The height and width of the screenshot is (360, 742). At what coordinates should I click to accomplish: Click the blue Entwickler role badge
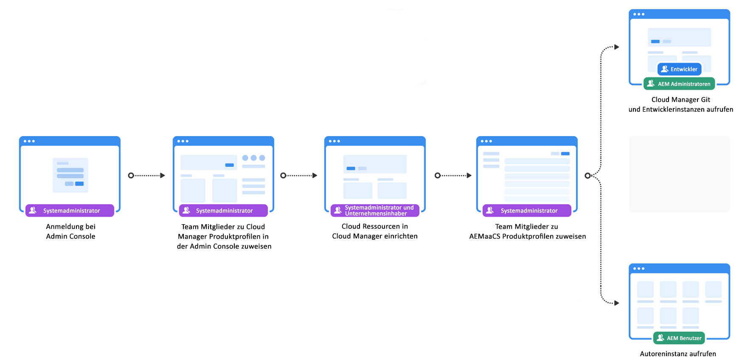(679, 69)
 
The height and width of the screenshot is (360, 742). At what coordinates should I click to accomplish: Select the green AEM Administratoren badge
(679, 84)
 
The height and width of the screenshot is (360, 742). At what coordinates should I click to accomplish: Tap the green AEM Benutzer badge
(679, 338)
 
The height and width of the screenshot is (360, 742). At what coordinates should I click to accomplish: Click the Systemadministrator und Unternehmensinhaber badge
(375, 211)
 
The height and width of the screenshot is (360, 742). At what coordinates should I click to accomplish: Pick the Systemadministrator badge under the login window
(70, 211)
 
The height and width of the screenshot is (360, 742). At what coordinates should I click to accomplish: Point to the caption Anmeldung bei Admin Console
(70, 231)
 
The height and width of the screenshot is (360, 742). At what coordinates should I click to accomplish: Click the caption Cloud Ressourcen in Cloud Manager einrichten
(375, 231)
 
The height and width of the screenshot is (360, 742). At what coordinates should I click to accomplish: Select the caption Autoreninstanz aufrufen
(678, 354)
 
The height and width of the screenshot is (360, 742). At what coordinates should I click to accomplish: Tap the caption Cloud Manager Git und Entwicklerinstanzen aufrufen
(680, 104)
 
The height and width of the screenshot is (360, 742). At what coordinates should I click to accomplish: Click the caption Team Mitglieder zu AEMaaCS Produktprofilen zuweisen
(527, 231)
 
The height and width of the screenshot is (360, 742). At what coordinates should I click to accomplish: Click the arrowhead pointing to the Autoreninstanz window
(617, 303)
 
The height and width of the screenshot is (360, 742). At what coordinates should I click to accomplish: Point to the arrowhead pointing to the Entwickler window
(617, 47)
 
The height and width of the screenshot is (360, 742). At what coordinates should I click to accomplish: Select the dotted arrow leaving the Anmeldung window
(147, 175)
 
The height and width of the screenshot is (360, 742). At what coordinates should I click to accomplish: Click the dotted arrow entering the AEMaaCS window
(453, 175)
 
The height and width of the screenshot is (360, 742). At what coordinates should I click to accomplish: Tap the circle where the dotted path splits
(587, 175)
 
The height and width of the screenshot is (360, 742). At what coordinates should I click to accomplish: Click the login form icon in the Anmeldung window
(70, 175)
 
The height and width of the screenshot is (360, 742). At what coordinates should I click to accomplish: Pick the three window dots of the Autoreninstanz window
(638, 268)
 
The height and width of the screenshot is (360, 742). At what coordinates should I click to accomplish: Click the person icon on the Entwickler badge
(665, 69)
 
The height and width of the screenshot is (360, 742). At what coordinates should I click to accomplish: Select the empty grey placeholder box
(679, 174)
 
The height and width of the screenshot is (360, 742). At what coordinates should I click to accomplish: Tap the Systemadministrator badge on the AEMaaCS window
(527, 211)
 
